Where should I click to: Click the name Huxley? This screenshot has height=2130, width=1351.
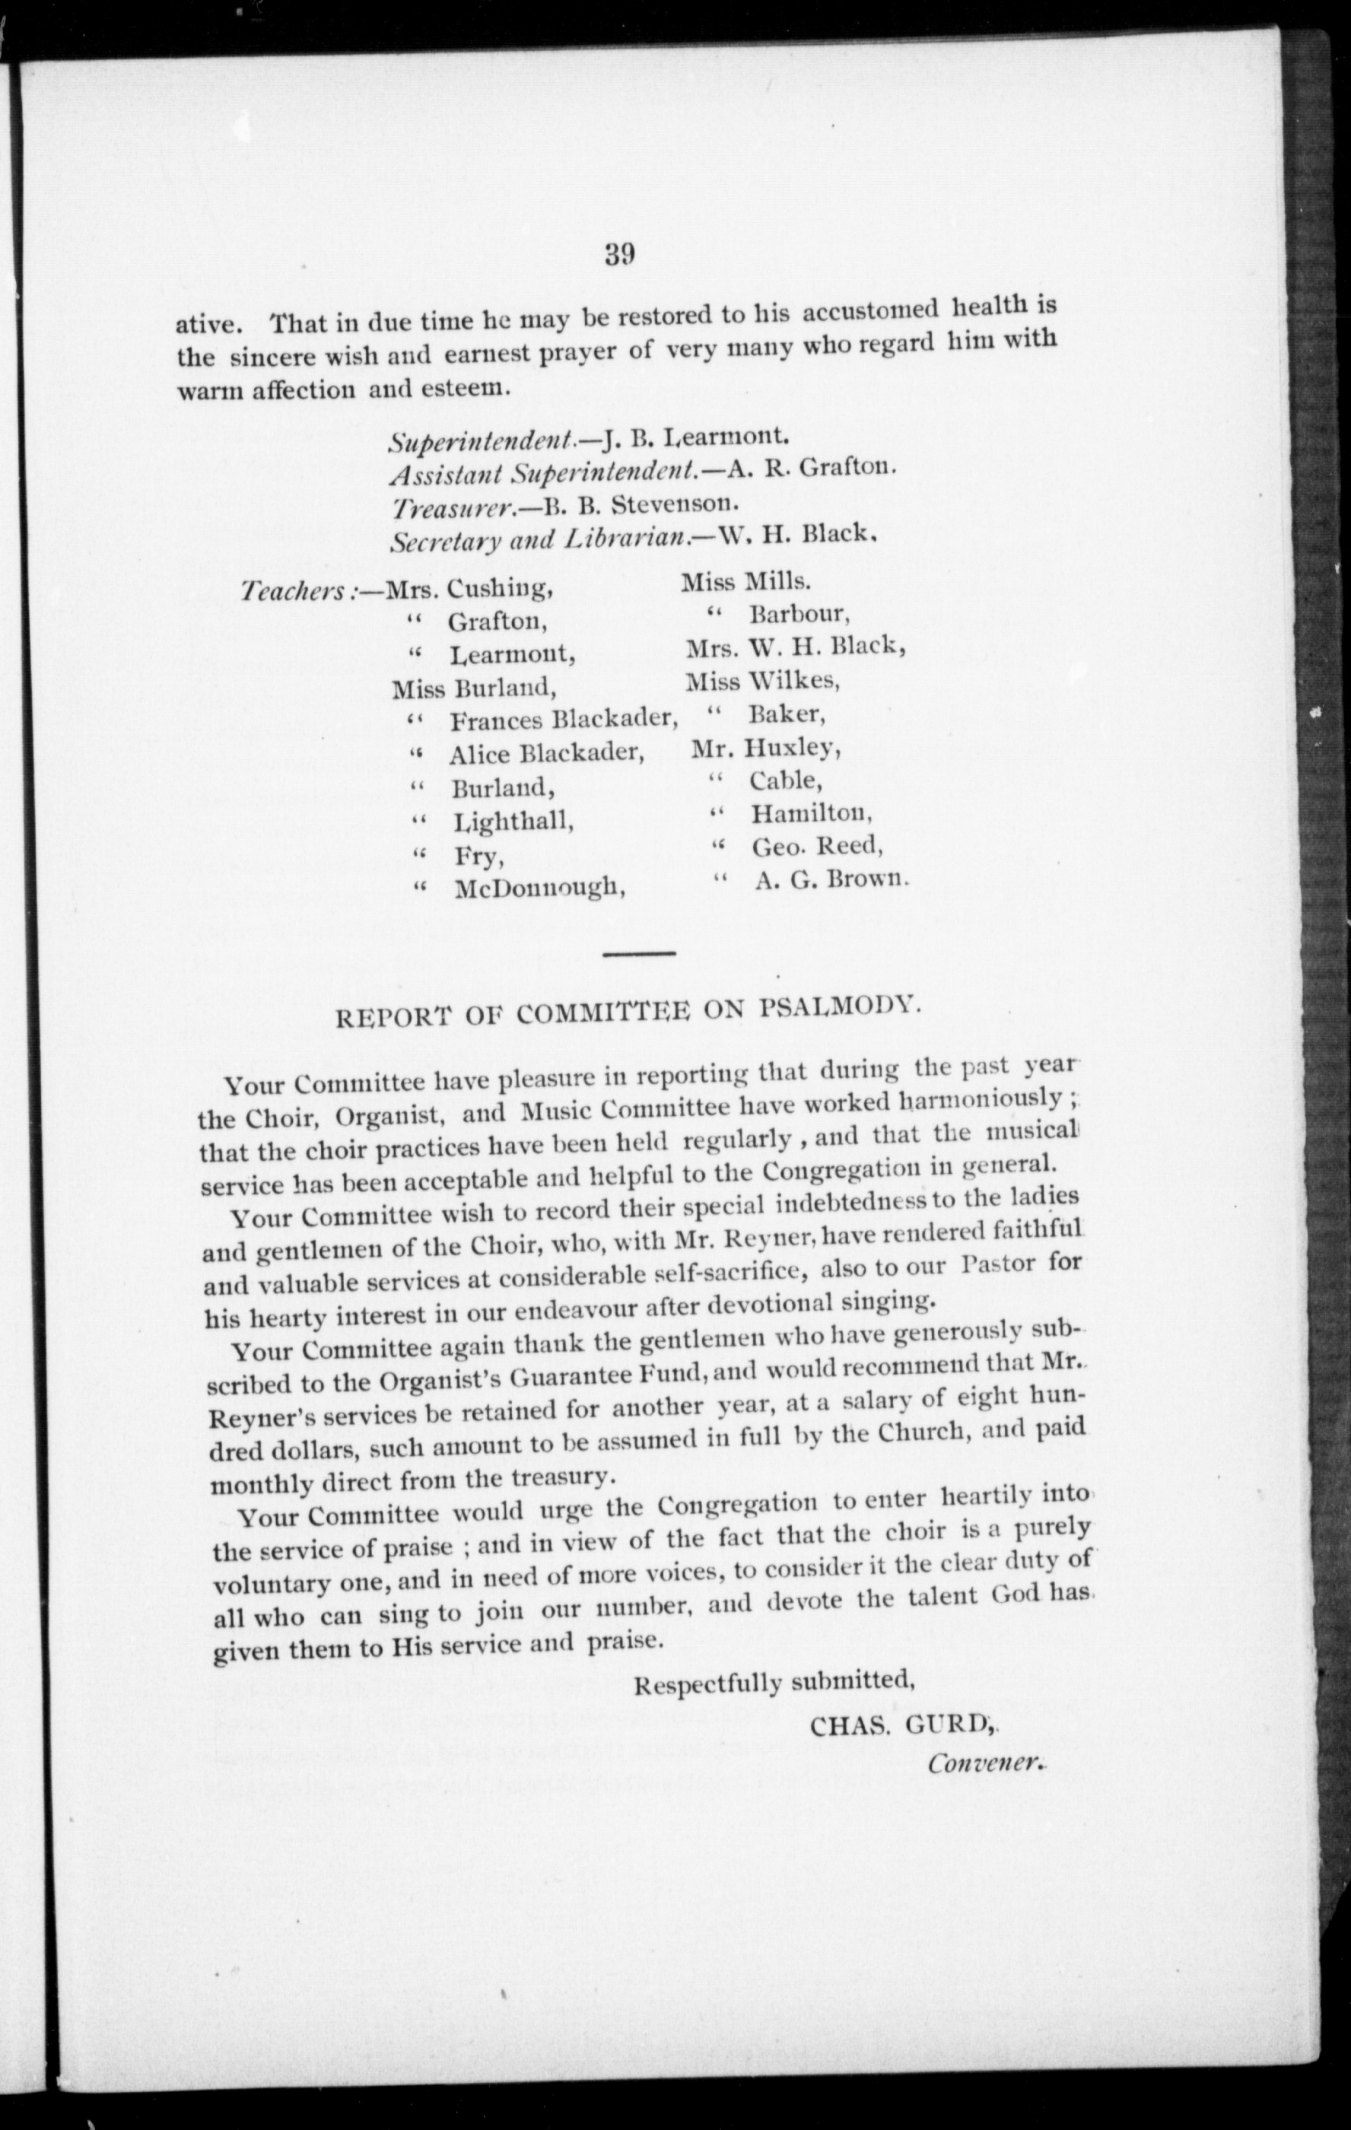click(x=790, y=749)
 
